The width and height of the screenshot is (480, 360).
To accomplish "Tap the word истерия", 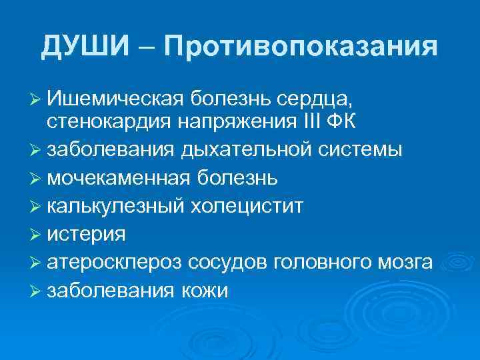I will (87, 235).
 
